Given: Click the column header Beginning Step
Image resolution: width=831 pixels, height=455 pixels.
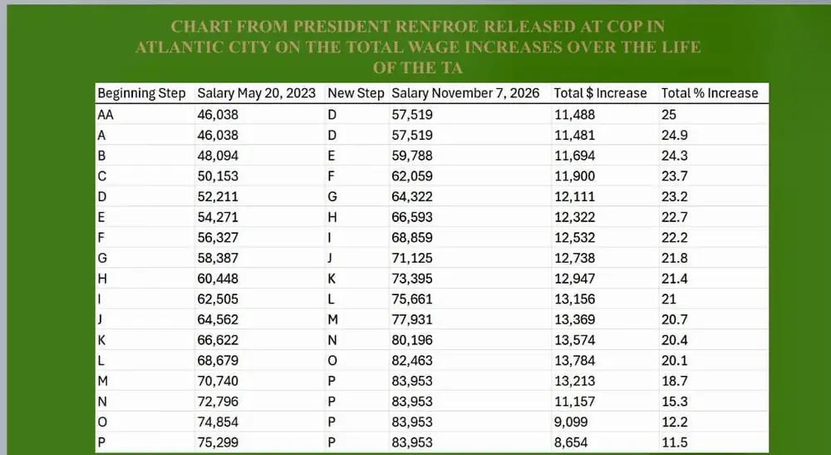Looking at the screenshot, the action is [x=141, y=94].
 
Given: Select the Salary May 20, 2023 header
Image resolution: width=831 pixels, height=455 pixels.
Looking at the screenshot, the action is [x=257, y=94].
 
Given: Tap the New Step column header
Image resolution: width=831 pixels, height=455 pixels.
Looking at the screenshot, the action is [x=356, y=94].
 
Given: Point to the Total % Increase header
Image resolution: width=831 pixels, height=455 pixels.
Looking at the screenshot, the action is [x=710, y=93].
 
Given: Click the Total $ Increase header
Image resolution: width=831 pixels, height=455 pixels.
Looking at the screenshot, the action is [x=601, y=93].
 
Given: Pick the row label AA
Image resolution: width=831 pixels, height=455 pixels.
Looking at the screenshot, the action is [x=106, y=115].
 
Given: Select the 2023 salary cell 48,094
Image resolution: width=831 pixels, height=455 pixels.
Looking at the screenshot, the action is [x=218, y=156].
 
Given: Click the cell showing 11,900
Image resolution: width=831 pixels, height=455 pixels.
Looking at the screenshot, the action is [x=575, y=176].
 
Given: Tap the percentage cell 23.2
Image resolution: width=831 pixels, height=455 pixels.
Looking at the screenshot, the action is [x=674, y=197].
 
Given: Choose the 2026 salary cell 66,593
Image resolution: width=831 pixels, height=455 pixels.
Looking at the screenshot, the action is [x=412, y=217].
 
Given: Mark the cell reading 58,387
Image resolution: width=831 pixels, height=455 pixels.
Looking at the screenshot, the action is [x=218, y=258].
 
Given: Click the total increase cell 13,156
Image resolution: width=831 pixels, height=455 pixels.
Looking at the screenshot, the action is [x=575, y=299].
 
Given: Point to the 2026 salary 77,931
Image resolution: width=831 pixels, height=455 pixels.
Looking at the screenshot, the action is [x=412, y=319].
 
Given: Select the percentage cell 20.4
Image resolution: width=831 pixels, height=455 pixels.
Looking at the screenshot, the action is [x=674, y=340].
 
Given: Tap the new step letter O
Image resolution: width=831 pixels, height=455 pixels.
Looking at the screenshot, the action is [x=332, y=361].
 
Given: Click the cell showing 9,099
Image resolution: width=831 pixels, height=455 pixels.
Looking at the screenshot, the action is [x=572, y=422].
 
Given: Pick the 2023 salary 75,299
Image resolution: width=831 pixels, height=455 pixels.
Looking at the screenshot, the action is [x=218, y=443].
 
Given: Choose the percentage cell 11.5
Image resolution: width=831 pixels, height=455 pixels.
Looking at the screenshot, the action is [x=674, y=443].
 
